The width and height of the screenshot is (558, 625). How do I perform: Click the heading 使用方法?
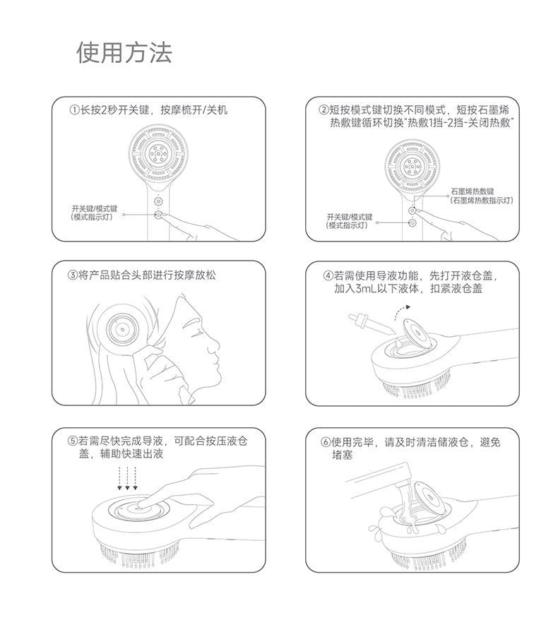[x=124, y=52]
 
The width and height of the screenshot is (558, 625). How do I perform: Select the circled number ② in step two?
[x=324, y=110]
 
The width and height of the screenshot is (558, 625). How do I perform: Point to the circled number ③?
[x=73, y=275]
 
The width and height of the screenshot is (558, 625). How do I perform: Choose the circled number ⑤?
[x=73, y=441]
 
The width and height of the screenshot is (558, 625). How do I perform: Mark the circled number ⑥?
[x=326, y=442]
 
